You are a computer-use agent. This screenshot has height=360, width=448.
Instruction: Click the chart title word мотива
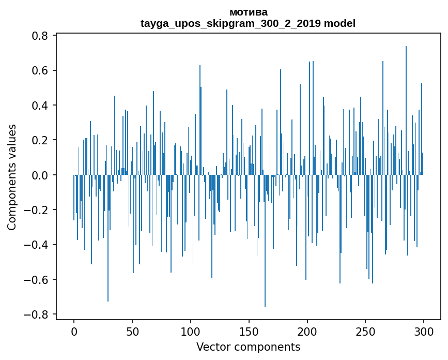point(248,12)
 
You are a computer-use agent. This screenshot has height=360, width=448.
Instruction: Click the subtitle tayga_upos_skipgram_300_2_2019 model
point(248,23)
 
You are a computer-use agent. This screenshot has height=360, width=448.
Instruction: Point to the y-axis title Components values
point(12,176)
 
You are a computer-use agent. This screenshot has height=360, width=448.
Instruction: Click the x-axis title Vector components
point(248,347)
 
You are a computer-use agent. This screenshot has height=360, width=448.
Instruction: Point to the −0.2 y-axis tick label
point(37,210)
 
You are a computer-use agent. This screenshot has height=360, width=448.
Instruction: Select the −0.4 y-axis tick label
point(37,245)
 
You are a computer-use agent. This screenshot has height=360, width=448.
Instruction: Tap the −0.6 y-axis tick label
point(37,280)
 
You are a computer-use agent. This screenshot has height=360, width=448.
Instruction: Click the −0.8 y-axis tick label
point(37,314)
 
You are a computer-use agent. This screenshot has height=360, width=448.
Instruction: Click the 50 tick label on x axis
point(132,331)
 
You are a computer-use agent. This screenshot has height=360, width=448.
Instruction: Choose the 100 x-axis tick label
point(191,331)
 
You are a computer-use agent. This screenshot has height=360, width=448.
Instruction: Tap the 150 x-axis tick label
point(249,331)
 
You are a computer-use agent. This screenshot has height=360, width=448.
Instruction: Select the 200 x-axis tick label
point(307,331)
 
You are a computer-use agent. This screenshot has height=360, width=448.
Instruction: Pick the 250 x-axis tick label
point(366,331)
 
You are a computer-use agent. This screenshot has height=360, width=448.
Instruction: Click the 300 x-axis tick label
point(424,331)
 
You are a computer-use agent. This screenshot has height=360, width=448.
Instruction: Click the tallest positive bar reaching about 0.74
point(406,103)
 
